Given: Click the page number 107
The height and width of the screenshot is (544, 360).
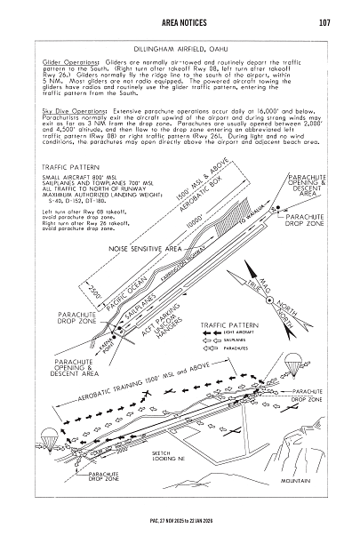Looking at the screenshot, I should (x=324, y=21).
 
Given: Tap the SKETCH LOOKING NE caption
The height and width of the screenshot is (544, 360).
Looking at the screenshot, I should (x=161, y=455).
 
